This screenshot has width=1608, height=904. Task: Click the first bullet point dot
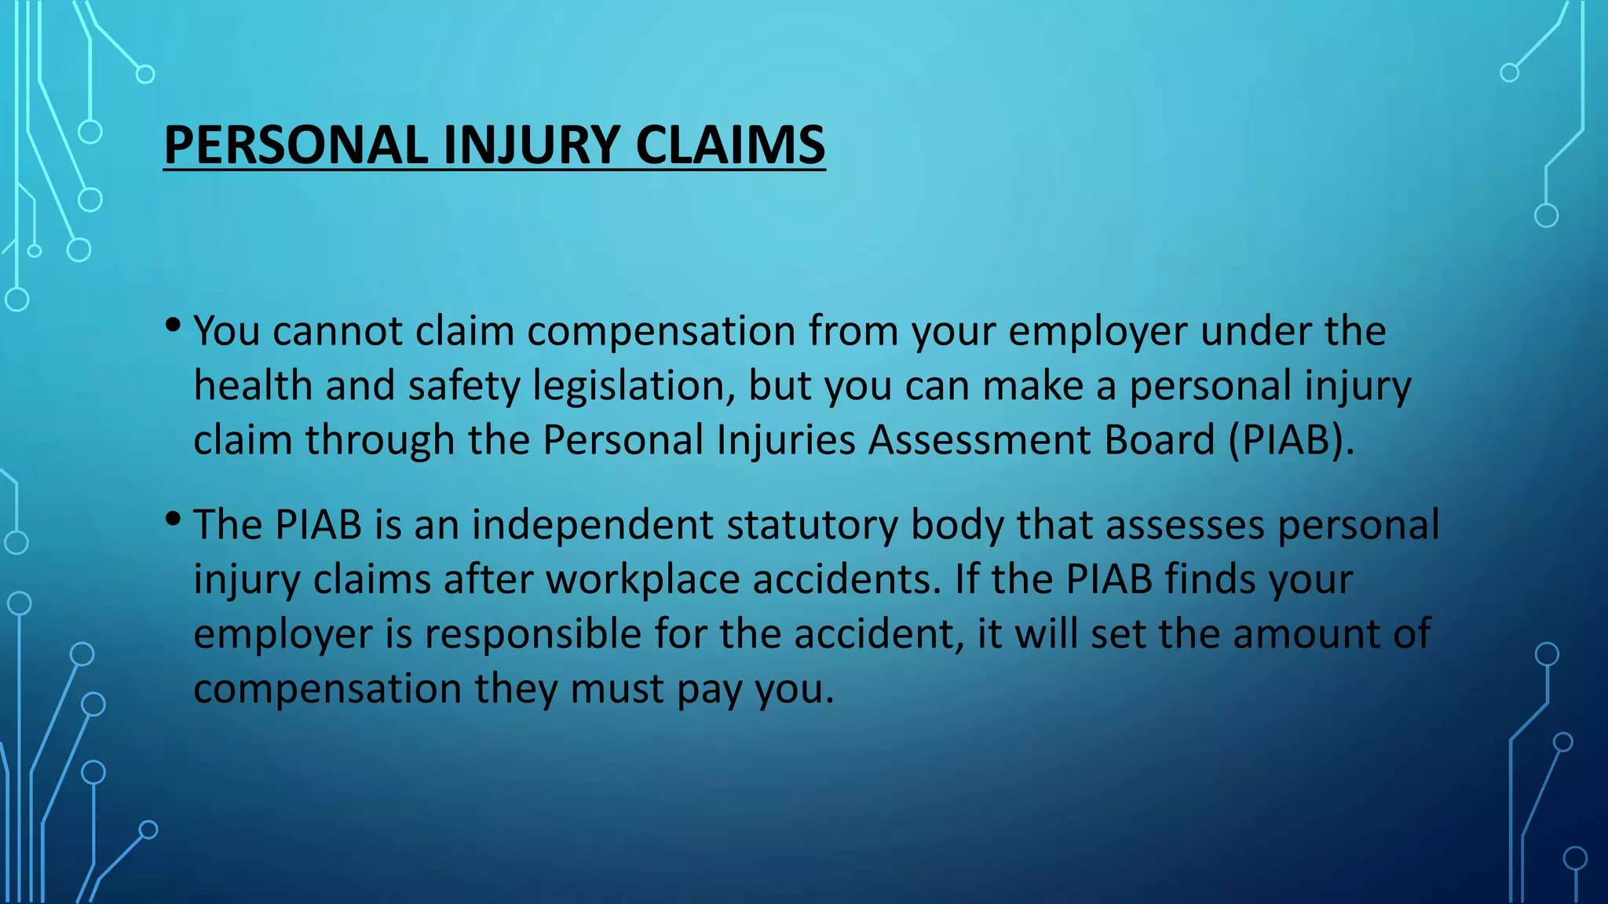[x=174, y=325]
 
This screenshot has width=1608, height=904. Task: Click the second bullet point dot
[x=174, y=519]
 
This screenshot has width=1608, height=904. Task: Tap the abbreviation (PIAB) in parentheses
[x=1292, y=440]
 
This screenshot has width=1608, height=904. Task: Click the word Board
[x=1160, y=440]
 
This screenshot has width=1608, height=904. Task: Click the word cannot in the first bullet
[x=338, y=331]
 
